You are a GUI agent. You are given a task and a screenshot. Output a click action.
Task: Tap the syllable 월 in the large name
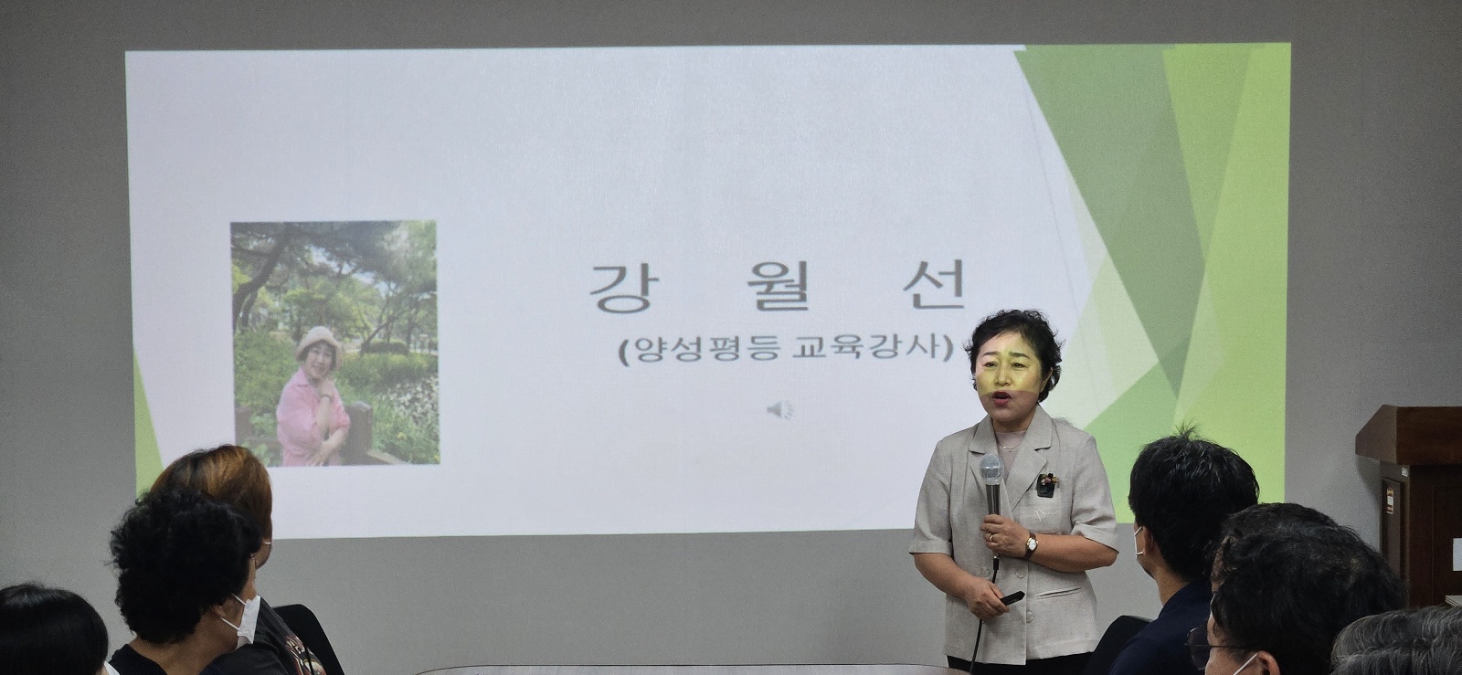point(778,288)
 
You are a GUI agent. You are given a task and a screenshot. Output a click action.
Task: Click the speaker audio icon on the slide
point(780,410)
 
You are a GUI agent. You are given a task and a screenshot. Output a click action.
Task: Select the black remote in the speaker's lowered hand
point(1012,597)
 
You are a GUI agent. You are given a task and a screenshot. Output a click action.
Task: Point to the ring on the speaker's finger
point(991,537)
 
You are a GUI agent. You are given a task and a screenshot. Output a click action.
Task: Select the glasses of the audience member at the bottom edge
point(1198,643)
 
